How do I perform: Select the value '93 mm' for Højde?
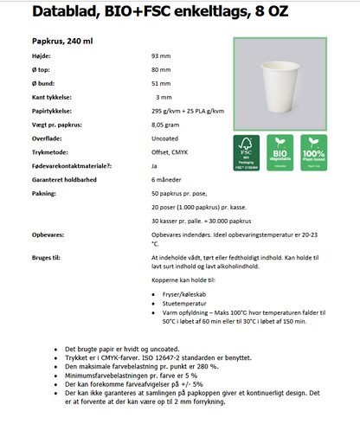coord(161,55)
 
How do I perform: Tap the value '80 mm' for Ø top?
coord(161,69)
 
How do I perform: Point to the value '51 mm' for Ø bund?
coord(161,83)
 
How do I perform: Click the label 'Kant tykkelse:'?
coord(52,97)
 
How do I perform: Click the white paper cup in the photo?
coord(278,84)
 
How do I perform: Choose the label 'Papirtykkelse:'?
coord(53,111)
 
